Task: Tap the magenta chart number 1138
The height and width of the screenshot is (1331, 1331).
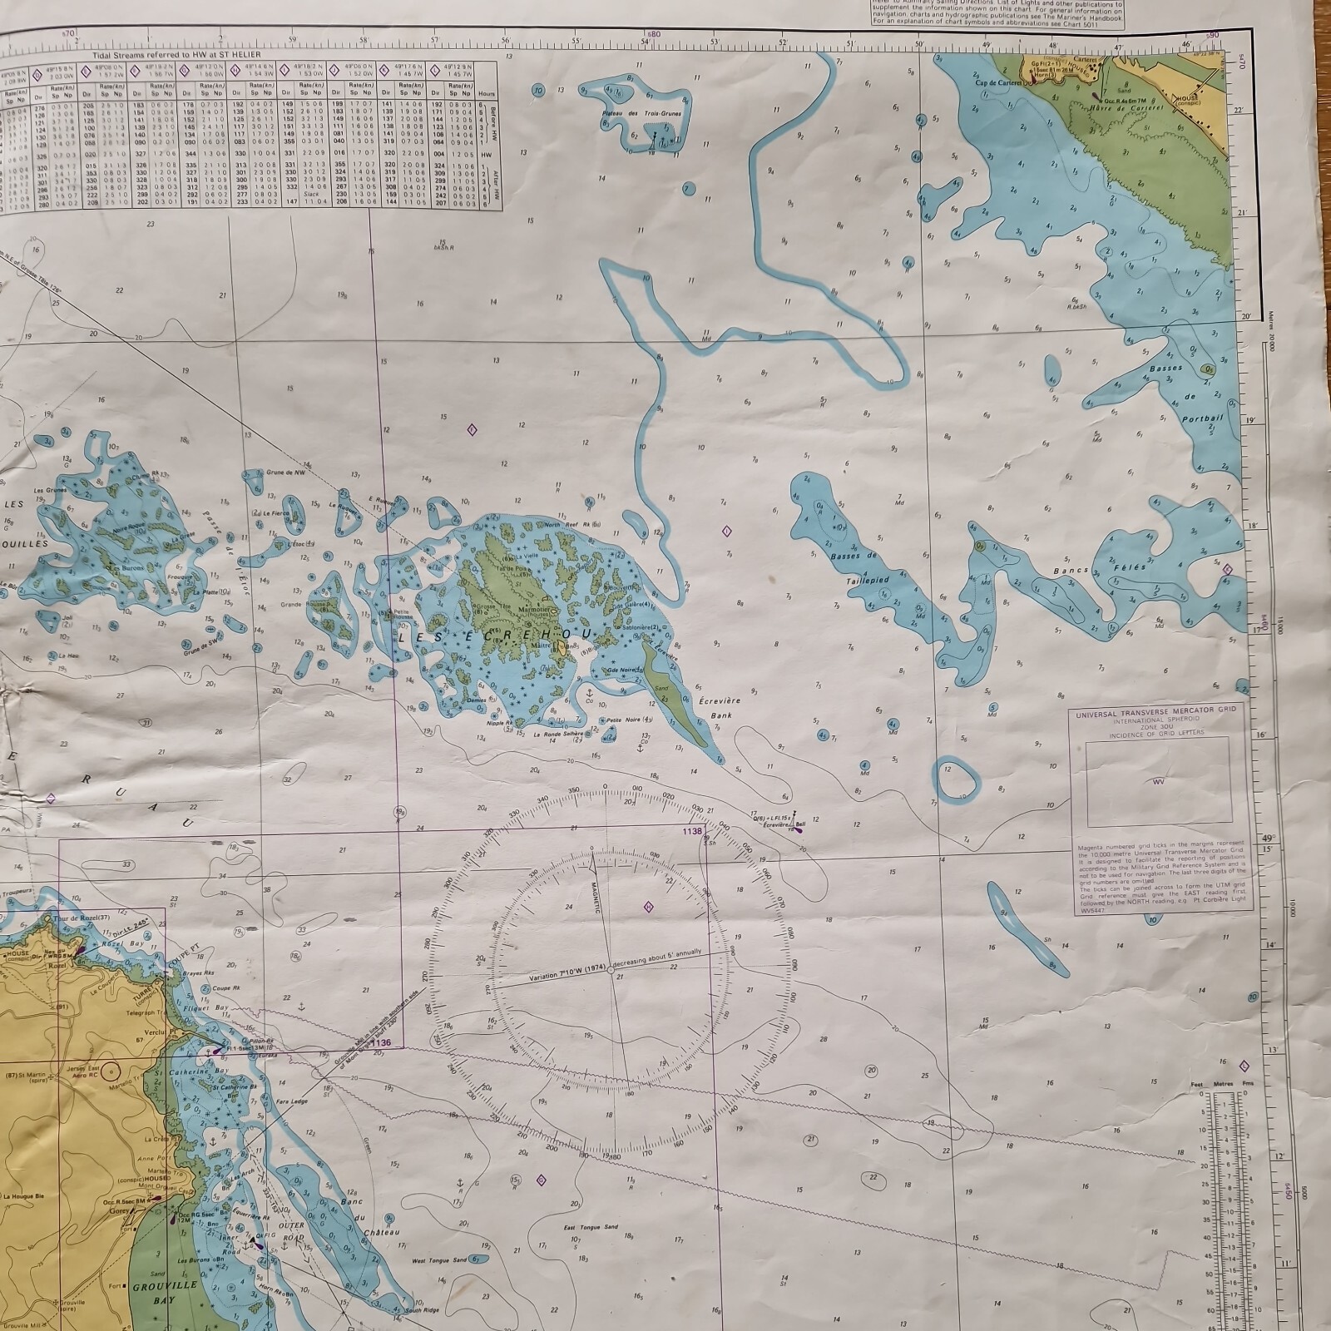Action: coord(692,830)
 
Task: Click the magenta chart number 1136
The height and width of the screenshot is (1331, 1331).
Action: coord(381,1042)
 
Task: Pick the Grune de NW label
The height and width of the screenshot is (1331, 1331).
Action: coord(283,473)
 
